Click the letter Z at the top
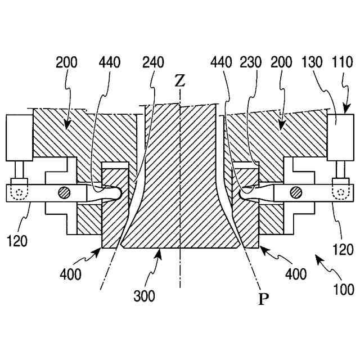(179, 81)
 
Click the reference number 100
(342, 290)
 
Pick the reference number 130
(314, 62)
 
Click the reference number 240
(154, 62)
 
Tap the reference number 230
(251, 62)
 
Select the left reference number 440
(110, 62)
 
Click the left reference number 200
(67, 62)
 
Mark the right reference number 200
(283, 62)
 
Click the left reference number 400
(71, 275)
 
